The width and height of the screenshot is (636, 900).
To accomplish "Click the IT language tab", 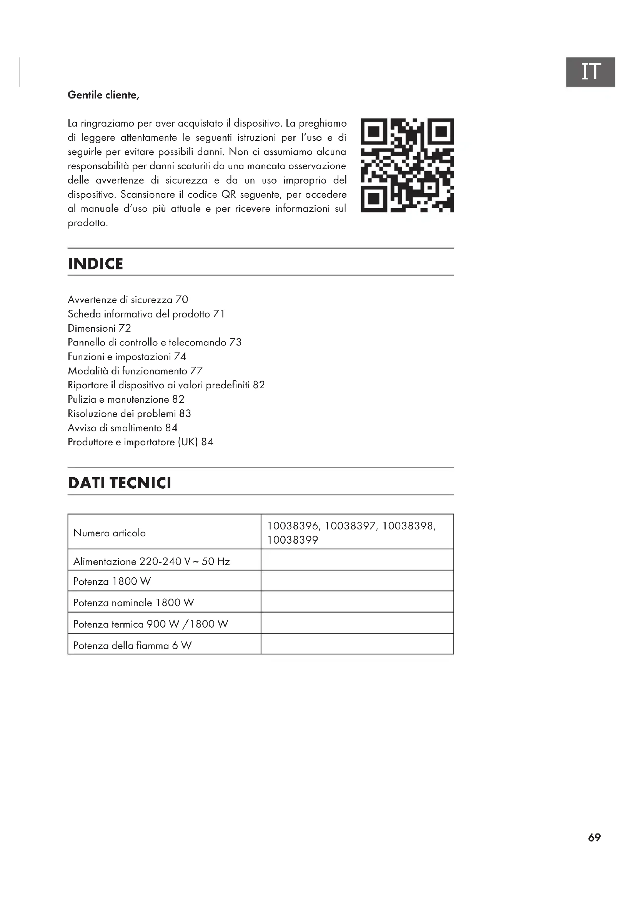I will [x=590, y=72].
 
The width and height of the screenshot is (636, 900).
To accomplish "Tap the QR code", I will [x=407, y=165].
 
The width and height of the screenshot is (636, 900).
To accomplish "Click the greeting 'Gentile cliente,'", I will [x=103, y=95].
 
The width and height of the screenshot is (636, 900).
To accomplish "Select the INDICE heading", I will [x=96, y=264].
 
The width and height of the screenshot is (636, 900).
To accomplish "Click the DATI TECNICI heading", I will [x=120, y=483].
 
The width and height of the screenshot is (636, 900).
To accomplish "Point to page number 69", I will [x=594, y=837].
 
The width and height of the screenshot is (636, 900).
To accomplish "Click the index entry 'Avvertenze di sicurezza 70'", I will [x=128, y=300].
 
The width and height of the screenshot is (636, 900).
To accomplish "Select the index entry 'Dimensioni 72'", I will [x=99, y=328].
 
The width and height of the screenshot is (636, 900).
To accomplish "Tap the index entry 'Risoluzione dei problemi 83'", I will [x=129, y=414].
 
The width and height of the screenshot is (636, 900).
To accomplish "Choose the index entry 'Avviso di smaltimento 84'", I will [x=123, y=427].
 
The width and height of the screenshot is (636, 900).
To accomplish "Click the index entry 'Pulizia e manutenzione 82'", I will [x=126, y=399].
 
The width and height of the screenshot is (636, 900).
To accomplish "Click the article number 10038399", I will [x=293, y=540].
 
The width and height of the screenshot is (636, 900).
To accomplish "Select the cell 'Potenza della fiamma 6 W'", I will [x=132, y=645].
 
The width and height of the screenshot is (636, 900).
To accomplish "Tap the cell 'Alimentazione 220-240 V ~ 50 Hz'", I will [x=152, y=561].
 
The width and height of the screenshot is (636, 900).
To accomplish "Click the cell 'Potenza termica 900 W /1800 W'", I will [x=151, y=624].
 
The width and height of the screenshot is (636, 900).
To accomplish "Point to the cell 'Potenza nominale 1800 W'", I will [x=133, y=603].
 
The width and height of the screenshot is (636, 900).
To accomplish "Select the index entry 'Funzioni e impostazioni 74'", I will [x=127, y=357].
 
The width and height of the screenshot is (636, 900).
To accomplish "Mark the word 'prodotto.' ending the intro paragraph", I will [x=88, y=223].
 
